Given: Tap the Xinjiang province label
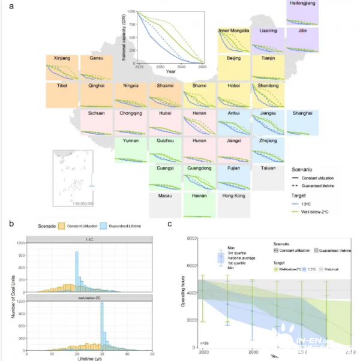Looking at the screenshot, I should pyautogui.click(x=62, y=58).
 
